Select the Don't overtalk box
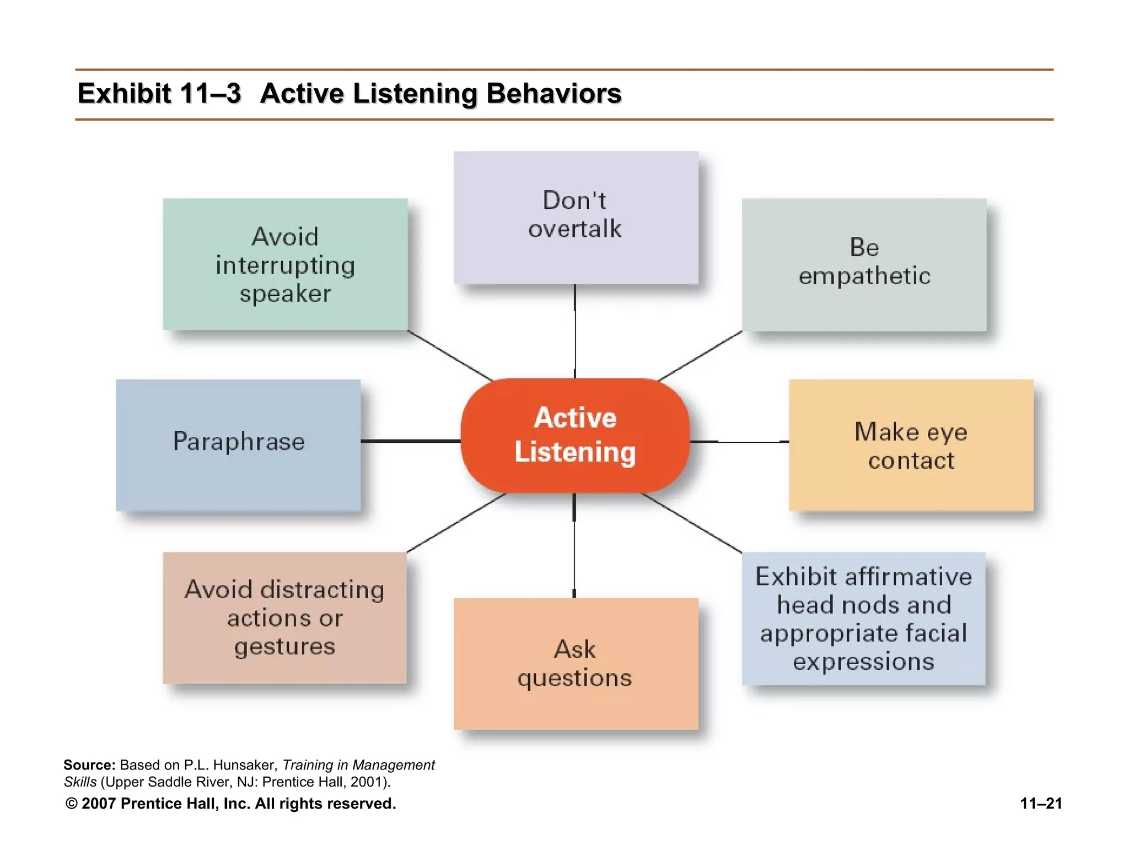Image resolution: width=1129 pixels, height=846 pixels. (x=576, y=217)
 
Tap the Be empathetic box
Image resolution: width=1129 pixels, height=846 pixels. (x=864, y=264)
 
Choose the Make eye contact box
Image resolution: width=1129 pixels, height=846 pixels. (x=911, y=445)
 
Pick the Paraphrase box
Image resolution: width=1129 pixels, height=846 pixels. (x=238, y=445)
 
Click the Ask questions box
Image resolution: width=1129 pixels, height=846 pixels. (x=576, y=663)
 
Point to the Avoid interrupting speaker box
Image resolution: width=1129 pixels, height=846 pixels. (x=285, y=264)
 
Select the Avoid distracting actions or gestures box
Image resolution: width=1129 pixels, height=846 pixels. (x=284, y=618)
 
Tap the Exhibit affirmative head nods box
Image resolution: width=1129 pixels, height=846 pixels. (x=863, y=618)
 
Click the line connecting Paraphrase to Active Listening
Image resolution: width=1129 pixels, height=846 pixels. (x=411, y=441)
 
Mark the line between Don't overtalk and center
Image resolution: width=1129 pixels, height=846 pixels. (x=575, y=330)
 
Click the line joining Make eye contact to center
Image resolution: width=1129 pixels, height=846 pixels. (x=739, y=442)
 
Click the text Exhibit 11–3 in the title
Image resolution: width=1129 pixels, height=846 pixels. (x=159, y=93)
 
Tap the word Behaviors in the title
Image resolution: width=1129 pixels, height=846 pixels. (x=553, y=93)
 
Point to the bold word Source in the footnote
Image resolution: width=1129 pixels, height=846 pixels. (x=89, y=765)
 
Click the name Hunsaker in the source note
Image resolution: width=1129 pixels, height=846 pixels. (x=245, y=765)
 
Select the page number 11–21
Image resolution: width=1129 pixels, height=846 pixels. (x=1041, y=804)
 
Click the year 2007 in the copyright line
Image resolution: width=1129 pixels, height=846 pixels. (x=99, y=804)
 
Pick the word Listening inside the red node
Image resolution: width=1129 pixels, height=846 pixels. (x=575, y=452)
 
